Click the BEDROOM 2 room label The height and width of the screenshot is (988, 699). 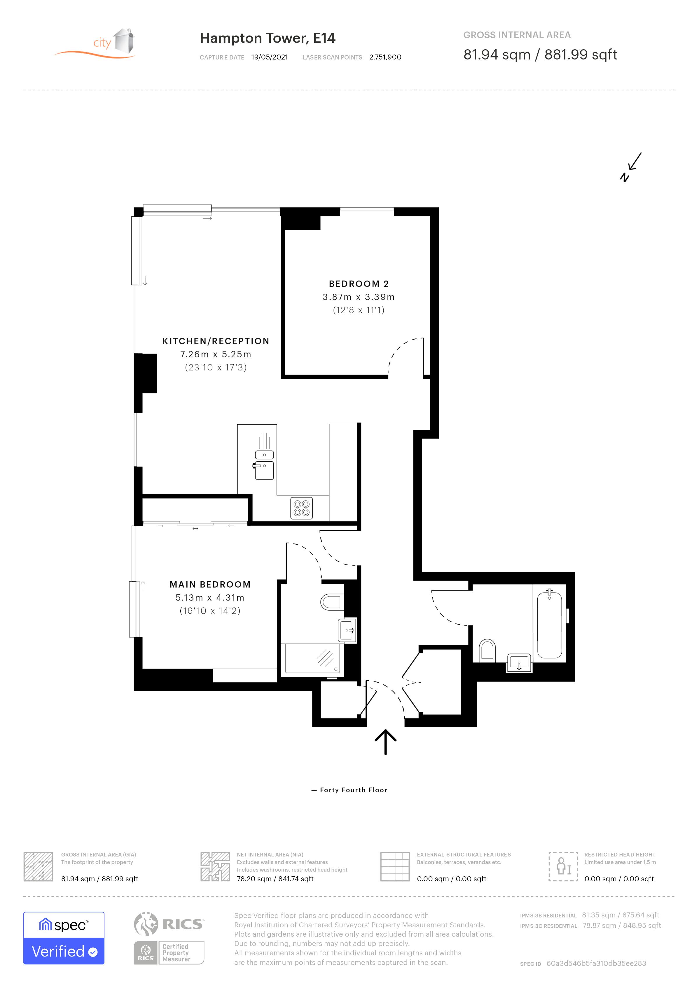click(x=359, y=284)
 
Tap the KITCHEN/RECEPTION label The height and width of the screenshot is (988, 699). click(x=216, y=341)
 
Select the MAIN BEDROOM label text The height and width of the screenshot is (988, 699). click(x=210, y=584)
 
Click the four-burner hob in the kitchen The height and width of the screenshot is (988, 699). click(x=301, y=508)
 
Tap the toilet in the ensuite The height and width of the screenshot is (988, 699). click(x=332, y=602)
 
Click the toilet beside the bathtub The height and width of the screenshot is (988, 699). click(x=487, y=650)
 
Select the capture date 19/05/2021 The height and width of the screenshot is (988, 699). click(x=270, y=57)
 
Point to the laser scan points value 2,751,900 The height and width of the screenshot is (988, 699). click(x=385, y=57)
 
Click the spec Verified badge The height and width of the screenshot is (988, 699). click(x=64, y=938)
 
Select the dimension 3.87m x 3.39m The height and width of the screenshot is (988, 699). click(x=359, y=297)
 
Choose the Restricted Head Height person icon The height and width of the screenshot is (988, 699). click(x=563, y=866)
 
